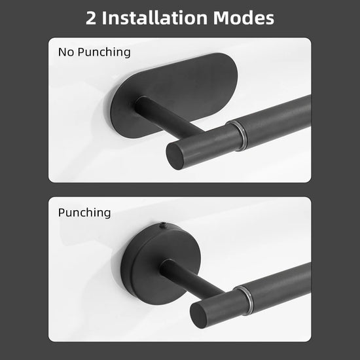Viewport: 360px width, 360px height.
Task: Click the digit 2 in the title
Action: [x=91, y=18]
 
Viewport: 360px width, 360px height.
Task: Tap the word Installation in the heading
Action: [x=154, y=18]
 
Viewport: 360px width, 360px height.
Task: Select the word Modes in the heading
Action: [x=243, y=18]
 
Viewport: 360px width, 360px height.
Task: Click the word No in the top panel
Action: [x=66, y=52]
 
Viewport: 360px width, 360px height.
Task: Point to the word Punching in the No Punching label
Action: [x=104, y=52]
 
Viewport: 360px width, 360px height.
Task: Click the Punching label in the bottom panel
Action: [x=84, y=213]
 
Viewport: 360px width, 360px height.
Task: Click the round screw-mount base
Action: [x=158, y=262]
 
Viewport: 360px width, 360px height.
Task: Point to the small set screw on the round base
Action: [x=162, y=225]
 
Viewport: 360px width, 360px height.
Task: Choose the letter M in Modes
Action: [x=222, y=18]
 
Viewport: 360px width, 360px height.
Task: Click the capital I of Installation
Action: [x=104, y=18]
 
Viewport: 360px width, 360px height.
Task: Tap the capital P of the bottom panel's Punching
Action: [x=62, y=212]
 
